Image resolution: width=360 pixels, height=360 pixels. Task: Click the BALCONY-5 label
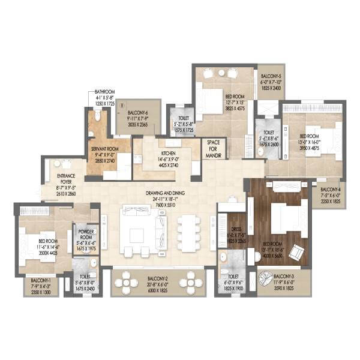coord(271,77)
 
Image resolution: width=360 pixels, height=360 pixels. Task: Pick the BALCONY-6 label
coord(138,112)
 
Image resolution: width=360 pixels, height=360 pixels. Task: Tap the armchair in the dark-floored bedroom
coord(296,253)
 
